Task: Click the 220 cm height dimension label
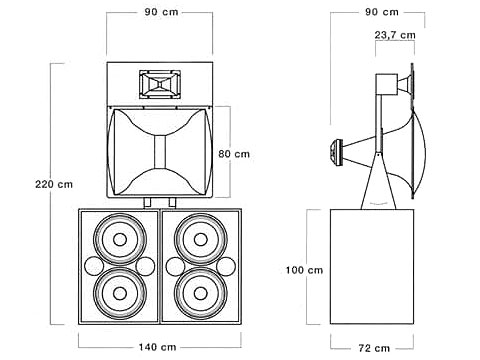tap(54, 184)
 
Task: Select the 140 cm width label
tap(157, 347)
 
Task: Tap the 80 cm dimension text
tap(234, 154)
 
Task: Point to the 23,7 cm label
tap(395, 35)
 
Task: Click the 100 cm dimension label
tap(304, 270)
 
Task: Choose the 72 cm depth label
tap(374, 348)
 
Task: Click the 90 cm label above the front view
tap(161, 12)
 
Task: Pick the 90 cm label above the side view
tap(382, 12)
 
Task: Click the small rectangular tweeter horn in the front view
tap(160, 84)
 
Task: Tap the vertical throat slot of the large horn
tap(160, 152)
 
